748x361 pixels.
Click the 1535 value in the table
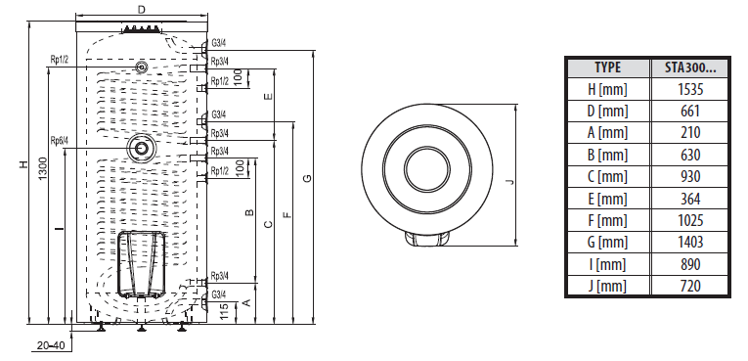pos(690,89)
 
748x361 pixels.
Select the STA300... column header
pos(690,68)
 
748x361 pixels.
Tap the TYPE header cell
pos(608,68)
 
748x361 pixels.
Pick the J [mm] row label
pos(607,286)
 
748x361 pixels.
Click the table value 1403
pos(690,242)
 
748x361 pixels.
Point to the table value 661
pos(690,112)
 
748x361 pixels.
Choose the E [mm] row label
pos(607,199)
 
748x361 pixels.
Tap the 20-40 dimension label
pos(51,344)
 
